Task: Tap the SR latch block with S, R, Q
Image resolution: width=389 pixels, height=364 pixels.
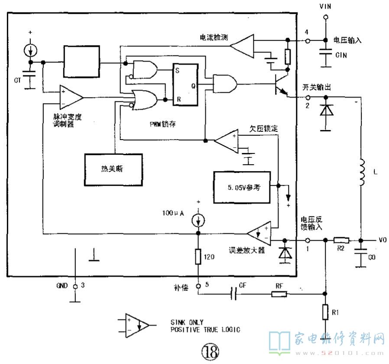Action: (x=185, y=85)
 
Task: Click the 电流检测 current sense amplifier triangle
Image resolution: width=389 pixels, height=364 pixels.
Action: (x=243, y=44)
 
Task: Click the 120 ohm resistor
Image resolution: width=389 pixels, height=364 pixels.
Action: (x=198, y=257)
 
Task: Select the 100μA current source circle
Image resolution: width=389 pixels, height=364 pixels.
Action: (x=198, y=219)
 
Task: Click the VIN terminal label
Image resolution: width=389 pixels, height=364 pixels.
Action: (x=324, y=7)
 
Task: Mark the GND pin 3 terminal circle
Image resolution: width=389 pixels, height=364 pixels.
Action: (x=75, y=286)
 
